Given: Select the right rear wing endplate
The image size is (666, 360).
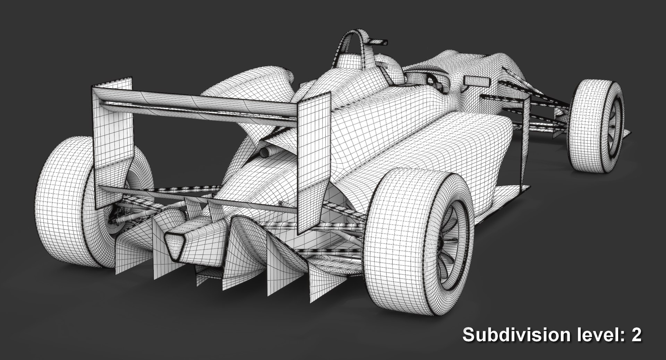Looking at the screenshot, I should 313,163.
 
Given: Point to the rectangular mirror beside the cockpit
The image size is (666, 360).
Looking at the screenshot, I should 477,81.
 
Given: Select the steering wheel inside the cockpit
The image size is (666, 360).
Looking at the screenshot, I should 432,82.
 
